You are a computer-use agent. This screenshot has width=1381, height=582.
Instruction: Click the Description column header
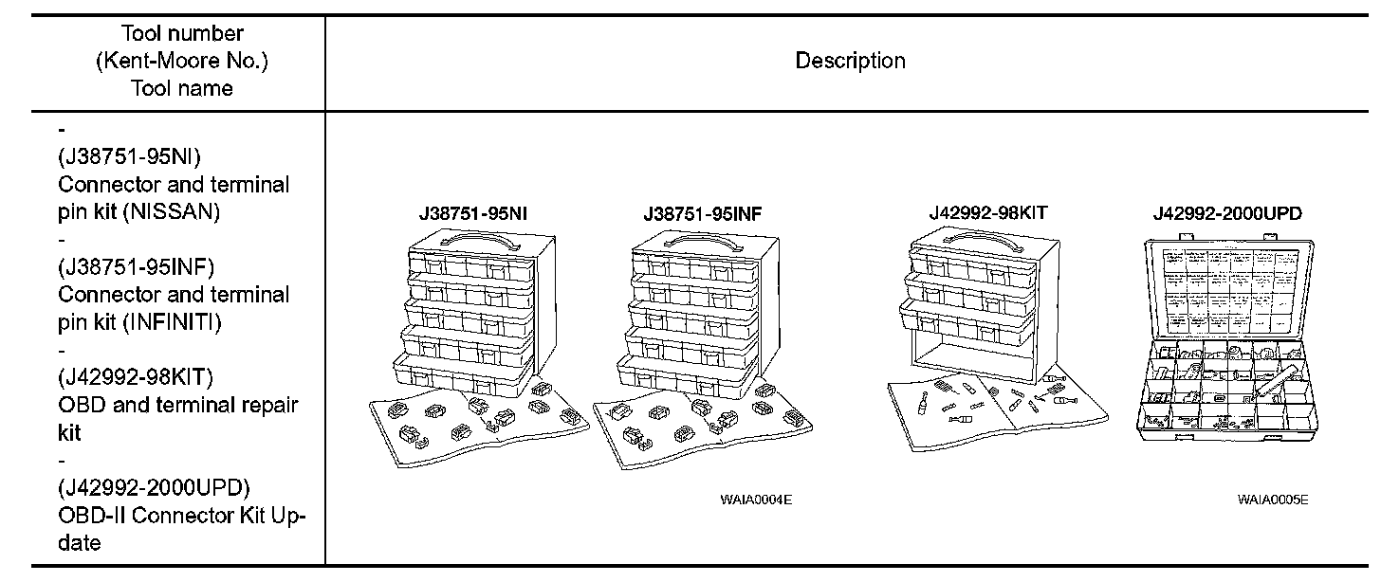click(850, 62)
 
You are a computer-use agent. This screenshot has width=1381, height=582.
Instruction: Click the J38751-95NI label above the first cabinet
click(472, 214)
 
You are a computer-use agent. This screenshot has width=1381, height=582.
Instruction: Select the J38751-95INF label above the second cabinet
click(701, 214)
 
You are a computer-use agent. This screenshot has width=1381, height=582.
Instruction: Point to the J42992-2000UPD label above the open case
click(1226, 214)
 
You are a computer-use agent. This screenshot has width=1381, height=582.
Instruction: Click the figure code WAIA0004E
click(755, 500)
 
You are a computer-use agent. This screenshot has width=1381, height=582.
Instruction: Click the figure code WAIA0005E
click(1272, 500)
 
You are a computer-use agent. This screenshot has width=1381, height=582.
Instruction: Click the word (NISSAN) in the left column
click(172, 212)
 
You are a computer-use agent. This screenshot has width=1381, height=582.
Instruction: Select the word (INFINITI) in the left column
click(173, 322)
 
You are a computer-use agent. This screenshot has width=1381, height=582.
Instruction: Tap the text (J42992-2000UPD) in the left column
click(154, 488)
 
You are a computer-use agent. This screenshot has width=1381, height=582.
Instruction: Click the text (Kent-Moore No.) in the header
click(182, 62)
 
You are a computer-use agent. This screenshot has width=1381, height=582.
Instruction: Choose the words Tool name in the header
click(182, 88)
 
